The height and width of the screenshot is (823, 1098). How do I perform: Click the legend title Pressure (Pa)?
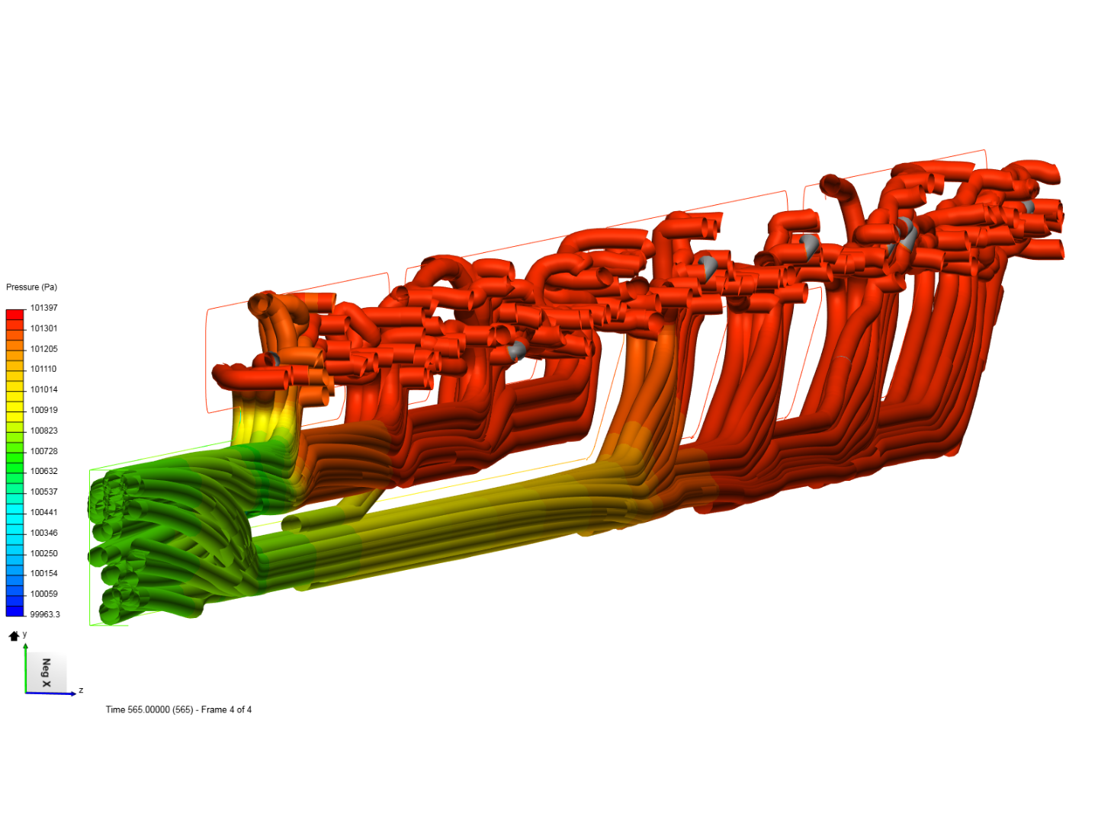(x=31, y=287)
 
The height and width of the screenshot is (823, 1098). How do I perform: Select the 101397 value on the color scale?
(x=44, y=308)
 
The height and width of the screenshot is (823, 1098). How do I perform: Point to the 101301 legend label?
(x=44, y=328)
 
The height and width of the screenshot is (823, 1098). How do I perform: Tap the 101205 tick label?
(x=44, y=349)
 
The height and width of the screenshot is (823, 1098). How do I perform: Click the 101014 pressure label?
(x=44, y=389)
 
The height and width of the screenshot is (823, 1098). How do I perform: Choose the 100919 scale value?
(x=44, y=410)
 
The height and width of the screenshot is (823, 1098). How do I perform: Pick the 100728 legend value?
(x=44, y=450)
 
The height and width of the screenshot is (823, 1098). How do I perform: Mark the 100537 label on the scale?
(x=44, y=492)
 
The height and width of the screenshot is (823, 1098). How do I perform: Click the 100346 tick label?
(x=44, y=533)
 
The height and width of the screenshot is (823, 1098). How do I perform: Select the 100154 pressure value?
(x=44, y=573)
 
